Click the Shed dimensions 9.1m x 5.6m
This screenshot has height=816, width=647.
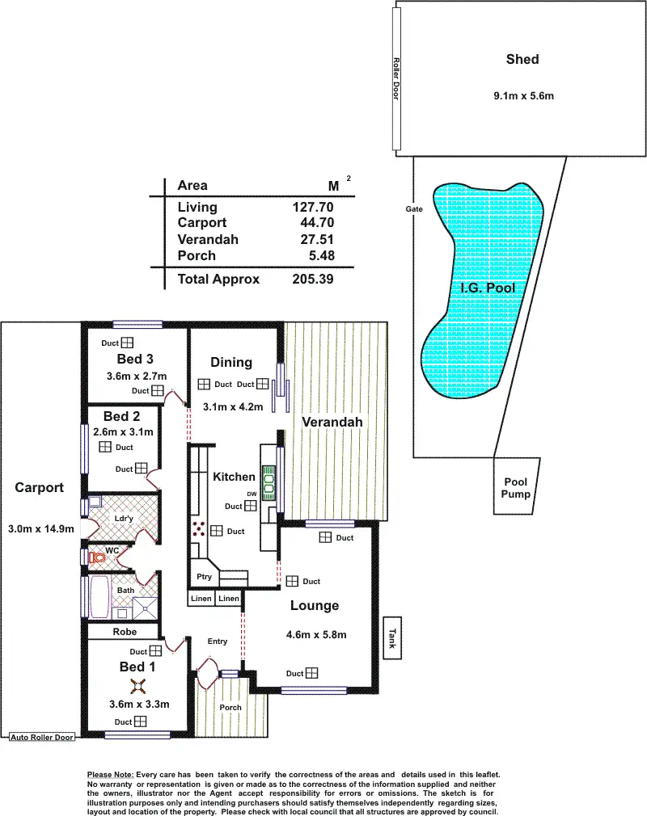(x=523, y=96)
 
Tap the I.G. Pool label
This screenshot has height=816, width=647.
(x=488, y=288)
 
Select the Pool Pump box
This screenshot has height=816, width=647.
(x=516, y=486)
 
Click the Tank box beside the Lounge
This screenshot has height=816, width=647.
(x=392, y=637)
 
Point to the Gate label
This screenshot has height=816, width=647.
(x=414, y=208)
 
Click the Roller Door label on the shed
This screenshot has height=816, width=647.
(x=396, y=79)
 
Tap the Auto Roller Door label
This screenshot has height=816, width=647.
(x=42, y=737)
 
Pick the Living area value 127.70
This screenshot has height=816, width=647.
(x=312, y=207)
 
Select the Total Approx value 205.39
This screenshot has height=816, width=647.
(x=312, y=279)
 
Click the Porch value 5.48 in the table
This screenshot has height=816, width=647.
(x=321, y=255)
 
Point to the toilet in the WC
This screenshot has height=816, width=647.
(x=97, y=558)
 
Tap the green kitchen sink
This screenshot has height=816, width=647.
(x=269, y=482)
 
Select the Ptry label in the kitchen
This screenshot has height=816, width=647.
(x=204, y=577)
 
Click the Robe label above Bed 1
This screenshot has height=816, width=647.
(x=125, y=631)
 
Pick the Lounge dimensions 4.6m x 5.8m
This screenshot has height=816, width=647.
(x=316, y=634)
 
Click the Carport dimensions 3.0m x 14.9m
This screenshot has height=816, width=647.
(x=41, y=528)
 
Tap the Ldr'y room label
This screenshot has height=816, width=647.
(x=124, y=519)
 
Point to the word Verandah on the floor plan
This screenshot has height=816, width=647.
(x=332, y=422)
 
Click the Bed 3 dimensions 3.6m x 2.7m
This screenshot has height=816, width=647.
(x=137, y=376)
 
